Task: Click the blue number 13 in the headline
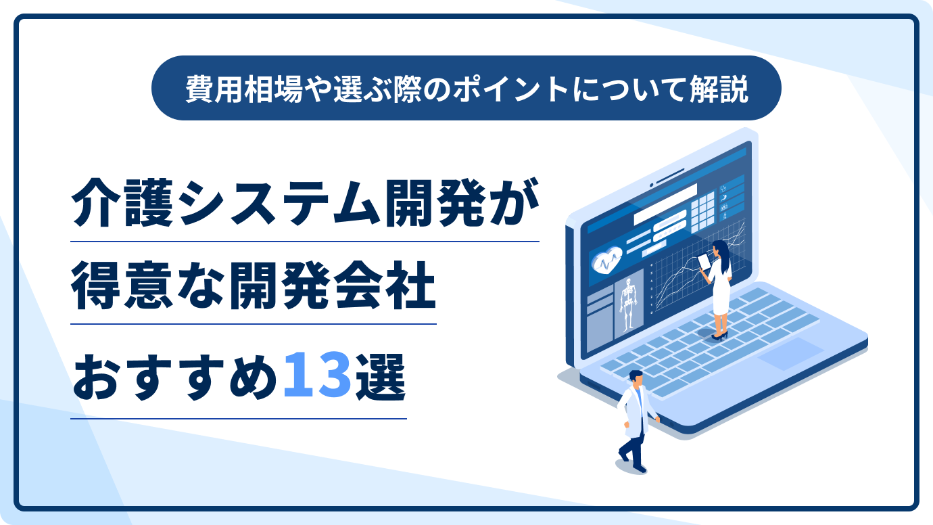tap(317, 375)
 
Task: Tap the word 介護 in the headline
tap(122, 203)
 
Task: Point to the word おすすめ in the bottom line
tap(175, 376)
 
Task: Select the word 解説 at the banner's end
tap(719, 89)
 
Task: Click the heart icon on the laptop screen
tap(607, 260)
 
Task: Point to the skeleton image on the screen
tap(628, 304)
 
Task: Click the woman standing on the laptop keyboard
tap(718, 290)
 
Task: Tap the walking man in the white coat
tap(636, 421)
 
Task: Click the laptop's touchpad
tap(790, 353)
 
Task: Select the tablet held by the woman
tap(704, 262)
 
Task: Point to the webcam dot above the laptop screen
tap(652, 184)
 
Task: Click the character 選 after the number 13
tap(380, 376)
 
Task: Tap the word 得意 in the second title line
tap(122, 286)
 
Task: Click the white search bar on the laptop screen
tap(665, 204)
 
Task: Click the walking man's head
tap(636, 378)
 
